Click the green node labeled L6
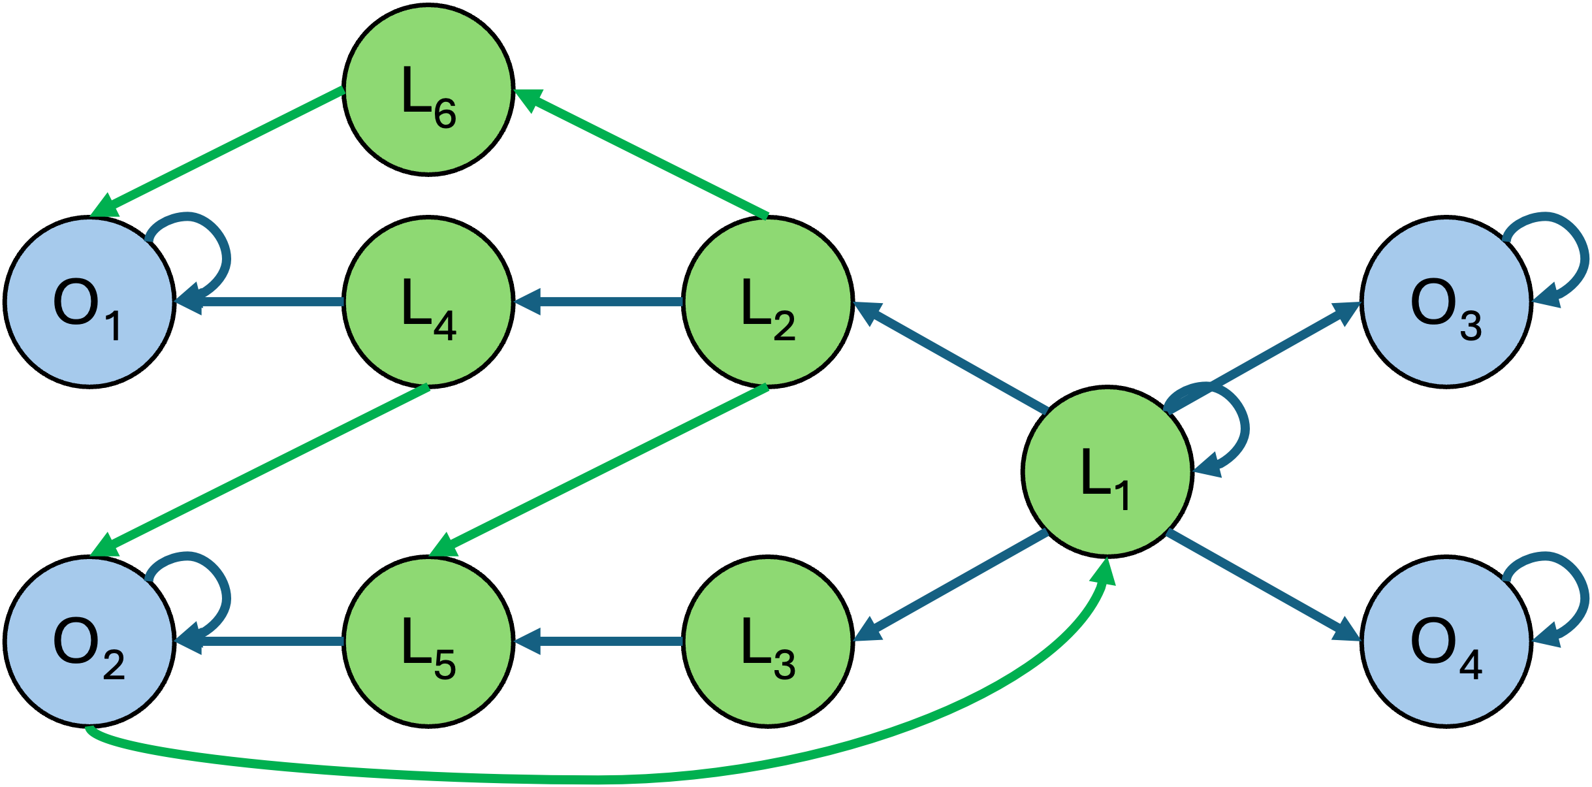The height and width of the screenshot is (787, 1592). click(428, 90)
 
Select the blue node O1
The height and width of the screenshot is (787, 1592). click(89, 302)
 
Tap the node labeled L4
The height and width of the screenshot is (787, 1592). click(428, 302)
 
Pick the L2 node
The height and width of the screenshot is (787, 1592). click(767, 302)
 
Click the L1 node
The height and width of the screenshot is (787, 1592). click(1107, 472)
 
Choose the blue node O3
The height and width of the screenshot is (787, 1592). click(1446, 302)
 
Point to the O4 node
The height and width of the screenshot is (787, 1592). click(1446, 641)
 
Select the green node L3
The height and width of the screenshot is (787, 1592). click(767, 641)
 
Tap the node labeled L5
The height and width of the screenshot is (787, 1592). click(428, 641)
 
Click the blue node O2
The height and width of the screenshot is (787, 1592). click(89, 641)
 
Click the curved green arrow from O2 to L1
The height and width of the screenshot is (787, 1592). click(588, 779)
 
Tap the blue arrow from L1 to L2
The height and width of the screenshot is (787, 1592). click(950, 357)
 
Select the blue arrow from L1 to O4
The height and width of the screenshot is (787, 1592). click(1264, 586)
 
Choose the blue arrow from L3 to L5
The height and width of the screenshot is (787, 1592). click(597, 641)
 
